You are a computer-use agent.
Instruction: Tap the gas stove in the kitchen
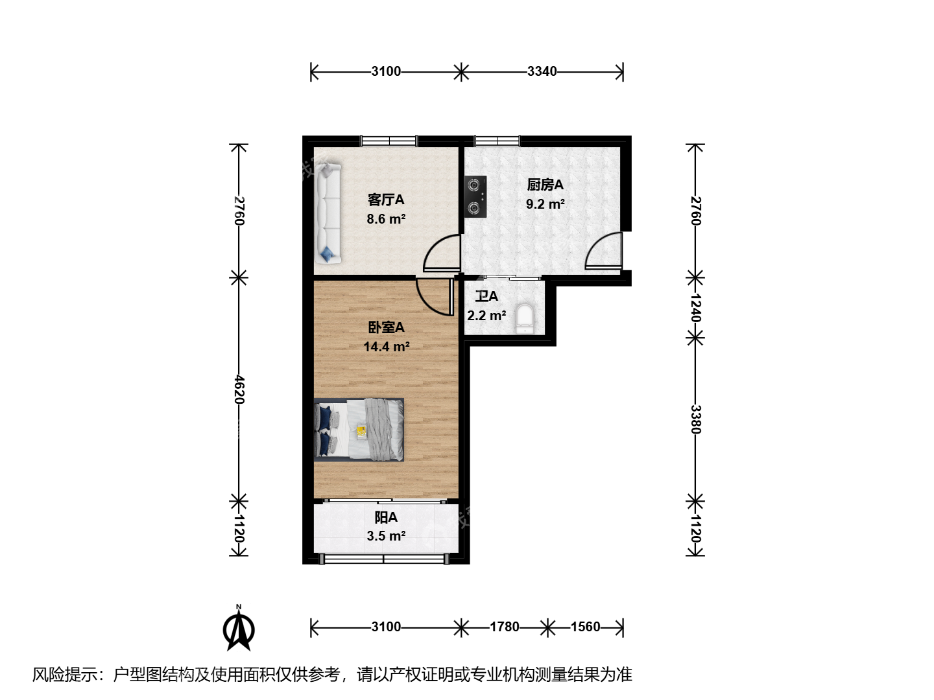pyautogui.click(x=475, y=197)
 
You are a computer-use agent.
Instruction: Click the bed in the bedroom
pyautogui.click(x=359, y=429)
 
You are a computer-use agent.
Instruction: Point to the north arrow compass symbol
pyautogui.click(x=239, y=629)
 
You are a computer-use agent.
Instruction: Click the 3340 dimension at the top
pyautogui.click(x=542, y=71)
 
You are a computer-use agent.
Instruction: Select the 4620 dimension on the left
pyautogui.click(x=239, y=390)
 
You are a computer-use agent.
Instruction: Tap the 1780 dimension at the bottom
pyautogui.click(x=505, y=627)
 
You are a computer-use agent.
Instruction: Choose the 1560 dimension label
pyautogui.click(x=585, y=627)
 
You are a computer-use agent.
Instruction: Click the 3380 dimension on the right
pyautogui.click(x=695, y=419)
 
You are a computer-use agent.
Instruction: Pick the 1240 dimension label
pyautogui.click(x=695, y=308)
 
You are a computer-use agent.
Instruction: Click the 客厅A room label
pyautogui.click(x=386, y=200)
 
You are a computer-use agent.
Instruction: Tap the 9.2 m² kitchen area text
pyautogui.click(x=545, y=204)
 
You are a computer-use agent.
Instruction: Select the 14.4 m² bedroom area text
pyautogui.click(x=387, y=346)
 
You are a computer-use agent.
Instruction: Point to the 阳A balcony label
pyautogui.click(x=386, y=517)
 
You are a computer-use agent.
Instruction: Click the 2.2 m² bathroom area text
pyautogui.click(x=486, y=316)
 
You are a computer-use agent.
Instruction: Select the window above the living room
pyautogui.click(x=389, y=141)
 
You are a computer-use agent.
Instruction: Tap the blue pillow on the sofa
pyautogui.click(x=327, y=253)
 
